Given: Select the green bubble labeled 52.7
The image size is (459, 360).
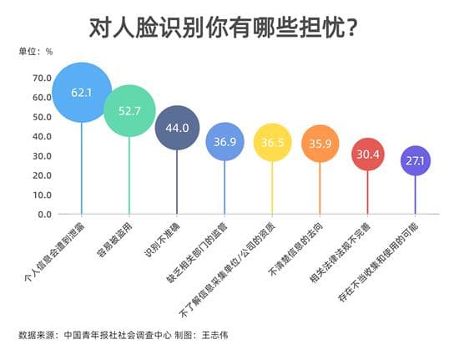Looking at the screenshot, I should pyautogui.click(x=129, y=108).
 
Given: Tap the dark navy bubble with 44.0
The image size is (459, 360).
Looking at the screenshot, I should pyautogui.click(x=177, y=128).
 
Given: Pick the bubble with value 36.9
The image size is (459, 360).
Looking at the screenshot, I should pyautogui.click(x=224, y=142).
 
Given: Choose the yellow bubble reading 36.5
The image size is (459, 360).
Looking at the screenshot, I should pyautogui.click(x=273, y=143).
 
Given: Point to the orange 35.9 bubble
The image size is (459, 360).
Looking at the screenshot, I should pyautogui.click(x=320, y=143).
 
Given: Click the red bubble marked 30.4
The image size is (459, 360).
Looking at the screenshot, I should pyautogui.click(x=367, y=154).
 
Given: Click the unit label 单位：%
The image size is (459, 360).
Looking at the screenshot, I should pyautogui.click(x=36, y=51).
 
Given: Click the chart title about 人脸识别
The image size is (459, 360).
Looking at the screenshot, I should pyautogui.click(x=224, y=27).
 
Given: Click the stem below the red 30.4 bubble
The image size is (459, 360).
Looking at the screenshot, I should pyautogui.click(x=367, y=192).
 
